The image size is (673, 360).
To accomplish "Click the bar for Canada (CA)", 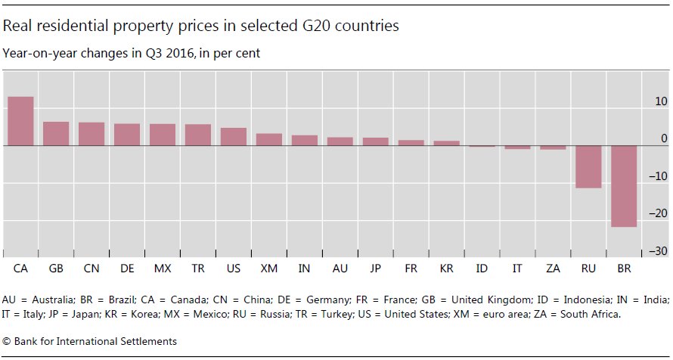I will [20, 121].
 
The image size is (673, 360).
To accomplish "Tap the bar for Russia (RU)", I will [588, 166].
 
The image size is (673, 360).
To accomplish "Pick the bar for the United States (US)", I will [234, 136].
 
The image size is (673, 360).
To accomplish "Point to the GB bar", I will [56, 133].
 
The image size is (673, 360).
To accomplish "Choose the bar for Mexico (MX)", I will [163, 135].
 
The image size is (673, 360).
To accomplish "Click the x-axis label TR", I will [198, 268].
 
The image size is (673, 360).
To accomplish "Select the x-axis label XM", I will [269, 268].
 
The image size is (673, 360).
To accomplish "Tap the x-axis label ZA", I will [553, 268].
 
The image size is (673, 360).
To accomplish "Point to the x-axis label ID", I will [482, 268].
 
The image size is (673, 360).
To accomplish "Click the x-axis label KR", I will [446, 268].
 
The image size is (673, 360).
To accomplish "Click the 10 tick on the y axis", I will [661, 101].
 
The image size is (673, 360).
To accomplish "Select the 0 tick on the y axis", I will [664, 139].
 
